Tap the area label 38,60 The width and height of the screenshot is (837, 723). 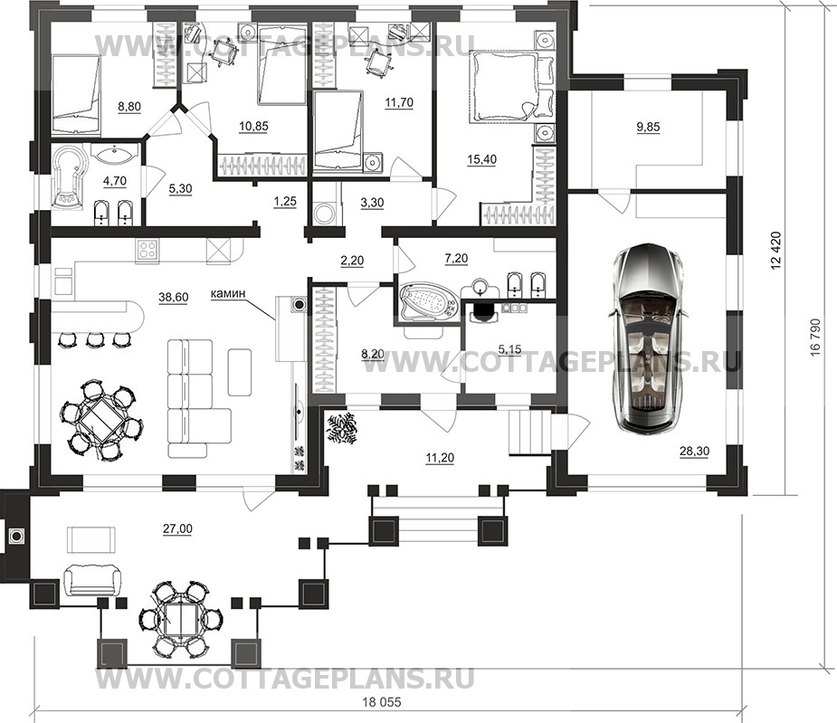tap(174, 298)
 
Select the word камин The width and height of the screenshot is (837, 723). tap(228, 293)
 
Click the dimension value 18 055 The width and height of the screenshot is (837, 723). tap(381, 701)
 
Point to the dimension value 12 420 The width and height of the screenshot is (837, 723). tap(776, 251)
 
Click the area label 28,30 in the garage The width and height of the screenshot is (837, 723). tap(694, 452)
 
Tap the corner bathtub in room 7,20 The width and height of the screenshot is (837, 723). tap(429, 303)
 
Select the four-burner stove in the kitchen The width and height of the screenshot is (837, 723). tap(147, 250)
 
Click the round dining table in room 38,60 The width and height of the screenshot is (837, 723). tap(100, 419)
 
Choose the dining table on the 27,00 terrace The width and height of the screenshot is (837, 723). tap(179, 620)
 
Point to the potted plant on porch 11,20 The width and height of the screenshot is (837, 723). tap(340, 426)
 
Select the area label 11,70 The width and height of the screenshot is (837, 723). tap(399, 102)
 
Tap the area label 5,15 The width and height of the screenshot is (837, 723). tap(509, 350)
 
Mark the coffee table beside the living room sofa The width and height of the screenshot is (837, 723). tap(240, 372)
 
